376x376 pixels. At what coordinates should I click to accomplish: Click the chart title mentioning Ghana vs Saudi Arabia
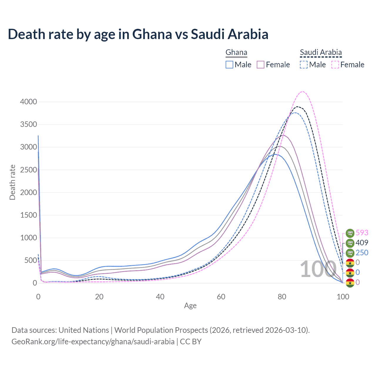(x=138, y=34)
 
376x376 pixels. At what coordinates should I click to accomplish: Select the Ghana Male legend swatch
(x=229, y=65)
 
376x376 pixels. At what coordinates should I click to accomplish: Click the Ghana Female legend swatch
(x=261, y=65)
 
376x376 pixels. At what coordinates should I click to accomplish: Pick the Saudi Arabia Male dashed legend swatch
(x=304, y=65)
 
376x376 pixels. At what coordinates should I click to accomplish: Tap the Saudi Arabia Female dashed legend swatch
(x=335, y=65)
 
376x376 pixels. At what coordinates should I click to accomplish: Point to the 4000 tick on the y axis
(x=28, y=102)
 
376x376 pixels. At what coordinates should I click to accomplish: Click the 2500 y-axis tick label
(x=28, y=170)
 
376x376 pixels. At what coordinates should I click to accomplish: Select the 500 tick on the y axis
(x=31, y=261)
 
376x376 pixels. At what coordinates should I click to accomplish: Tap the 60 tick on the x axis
(x=221, y=297)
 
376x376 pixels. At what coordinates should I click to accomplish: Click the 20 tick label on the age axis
(x=99, y=297)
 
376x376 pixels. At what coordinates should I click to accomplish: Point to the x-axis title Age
(x=190, y=306)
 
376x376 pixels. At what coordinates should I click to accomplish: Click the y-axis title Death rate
(x=12, y=182)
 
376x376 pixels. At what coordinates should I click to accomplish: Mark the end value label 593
(x=362, y=233)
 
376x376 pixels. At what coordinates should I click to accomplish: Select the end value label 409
(x=362, y=243)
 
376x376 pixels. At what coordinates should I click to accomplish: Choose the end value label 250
(x=362, y=253)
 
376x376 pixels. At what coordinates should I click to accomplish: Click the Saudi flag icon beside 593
(x=350, y=233)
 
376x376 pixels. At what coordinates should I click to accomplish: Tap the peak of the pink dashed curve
(x=303, y=91)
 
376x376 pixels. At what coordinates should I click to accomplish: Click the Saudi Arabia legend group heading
(x=321, y=52)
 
